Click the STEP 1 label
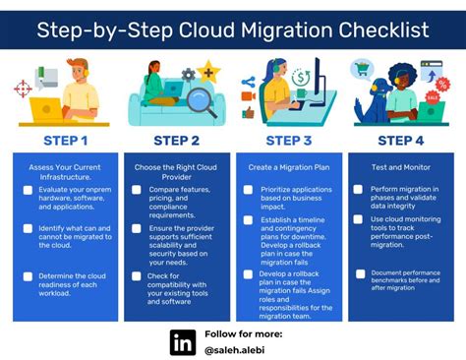pyautogui.click(x=65, y=140)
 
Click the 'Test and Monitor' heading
pyautogui.click(x=399, y=168)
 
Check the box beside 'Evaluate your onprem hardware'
pyautogui.click(x=29, y=190)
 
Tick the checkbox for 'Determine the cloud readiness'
pyautogui.click(x=29, y=277)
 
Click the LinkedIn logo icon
pyautogui.click(x=183, y=341)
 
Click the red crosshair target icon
pyautogui.click(x=23, y=89)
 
